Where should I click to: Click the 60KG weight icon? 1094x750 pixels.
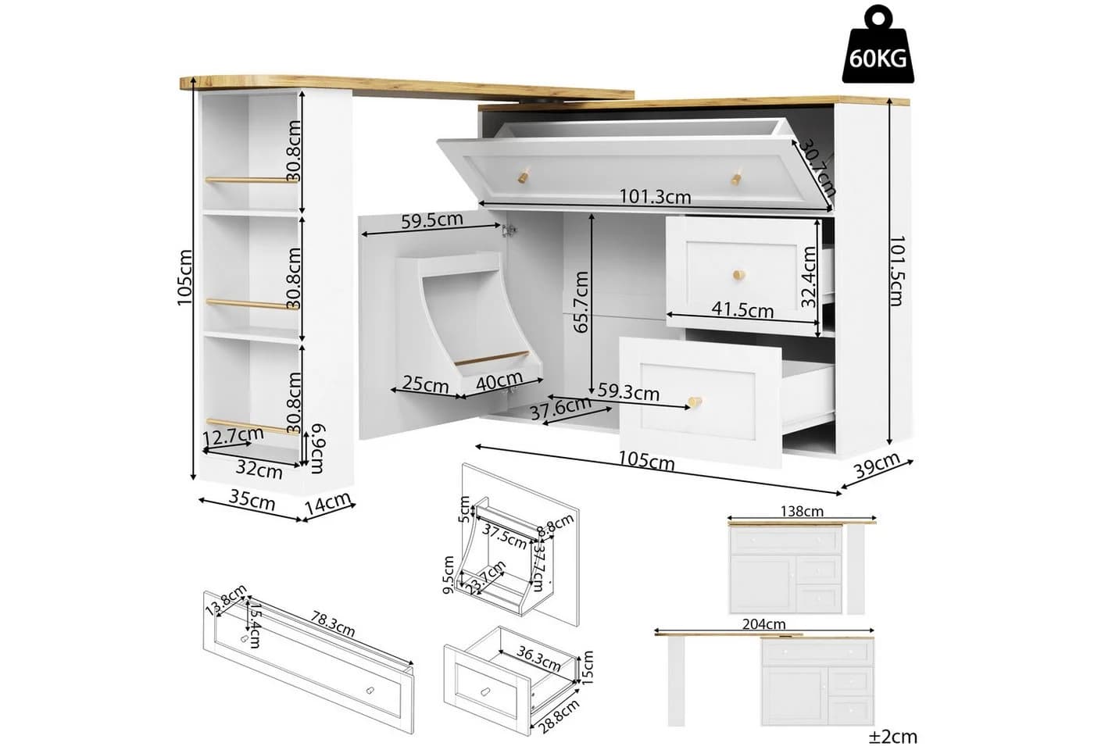878,45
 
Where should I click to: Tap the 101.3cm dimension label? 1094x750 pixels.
655,197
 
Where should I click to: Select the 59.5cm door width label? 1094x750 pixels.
431,220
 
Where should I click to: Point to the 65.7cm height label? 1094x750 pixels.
581,302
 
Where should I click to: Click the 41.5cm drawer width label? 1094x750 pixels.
742,309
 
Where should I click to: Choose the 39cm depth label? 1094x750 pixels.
877,466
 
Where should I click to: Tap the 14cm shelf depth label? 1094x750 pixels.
328,503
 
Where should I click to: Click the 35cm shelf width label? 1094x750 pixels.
252,501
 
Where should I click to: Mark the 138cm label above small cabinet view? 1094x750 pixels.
802,511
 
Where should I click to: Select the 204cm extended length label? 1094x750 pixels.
764,624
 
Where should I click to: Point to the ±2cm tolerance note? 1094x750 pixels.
892,736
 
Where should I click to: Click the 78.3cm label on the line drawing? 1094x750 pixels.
332,623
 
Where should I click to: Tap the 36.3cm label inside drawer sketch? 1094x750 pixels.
538,658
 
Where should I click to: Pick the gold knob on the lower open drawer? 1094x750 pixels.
695,402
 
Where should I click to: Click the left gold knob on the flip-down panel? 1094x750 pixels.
524,175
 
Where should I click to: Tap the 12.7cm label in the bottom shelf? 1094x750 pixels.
233,435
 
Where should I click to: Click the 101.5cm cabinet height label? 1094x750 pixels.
897,271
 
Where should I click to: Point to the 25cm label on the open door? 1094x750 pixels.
425,384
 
